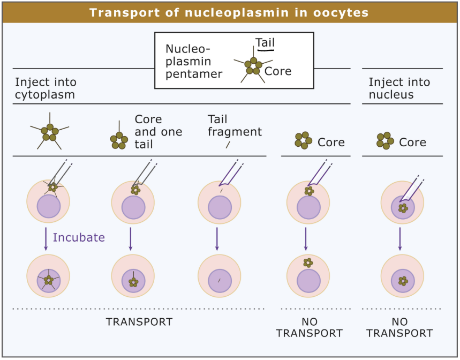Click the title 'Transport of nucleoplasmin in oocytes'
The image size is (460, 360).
(x=229, y=12)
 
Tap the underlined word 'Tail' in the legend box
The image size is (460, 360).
(x=265, y=42)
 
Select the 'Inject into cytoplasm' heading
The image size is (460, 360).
(x=46, y=88)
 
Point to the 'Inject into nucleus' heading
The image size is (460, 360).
(x=399, y=88)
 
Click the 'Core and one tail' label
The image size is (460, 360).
(x=158, y=131)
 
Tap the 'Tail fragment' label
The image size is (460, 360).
(x=235, y=125)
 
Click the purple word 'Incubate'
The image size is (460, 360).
(x=79, y=237)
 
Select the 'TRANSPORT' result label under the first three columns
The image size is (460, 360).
(x=139, y=322)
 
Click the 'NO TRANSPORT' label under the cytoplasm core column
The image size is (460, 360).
(x=309, y=327)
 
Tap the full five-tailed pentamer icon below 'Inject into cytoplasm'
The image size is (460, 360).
(x=49, y=130)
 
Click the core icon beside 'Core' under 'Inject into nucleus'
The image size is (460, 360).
(x=385, y=141)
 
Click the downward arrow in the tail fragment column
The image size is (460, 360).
(x=217, y=238)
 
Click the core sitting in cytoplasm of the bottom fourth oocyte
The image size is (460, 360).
(x=307, y=262)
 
